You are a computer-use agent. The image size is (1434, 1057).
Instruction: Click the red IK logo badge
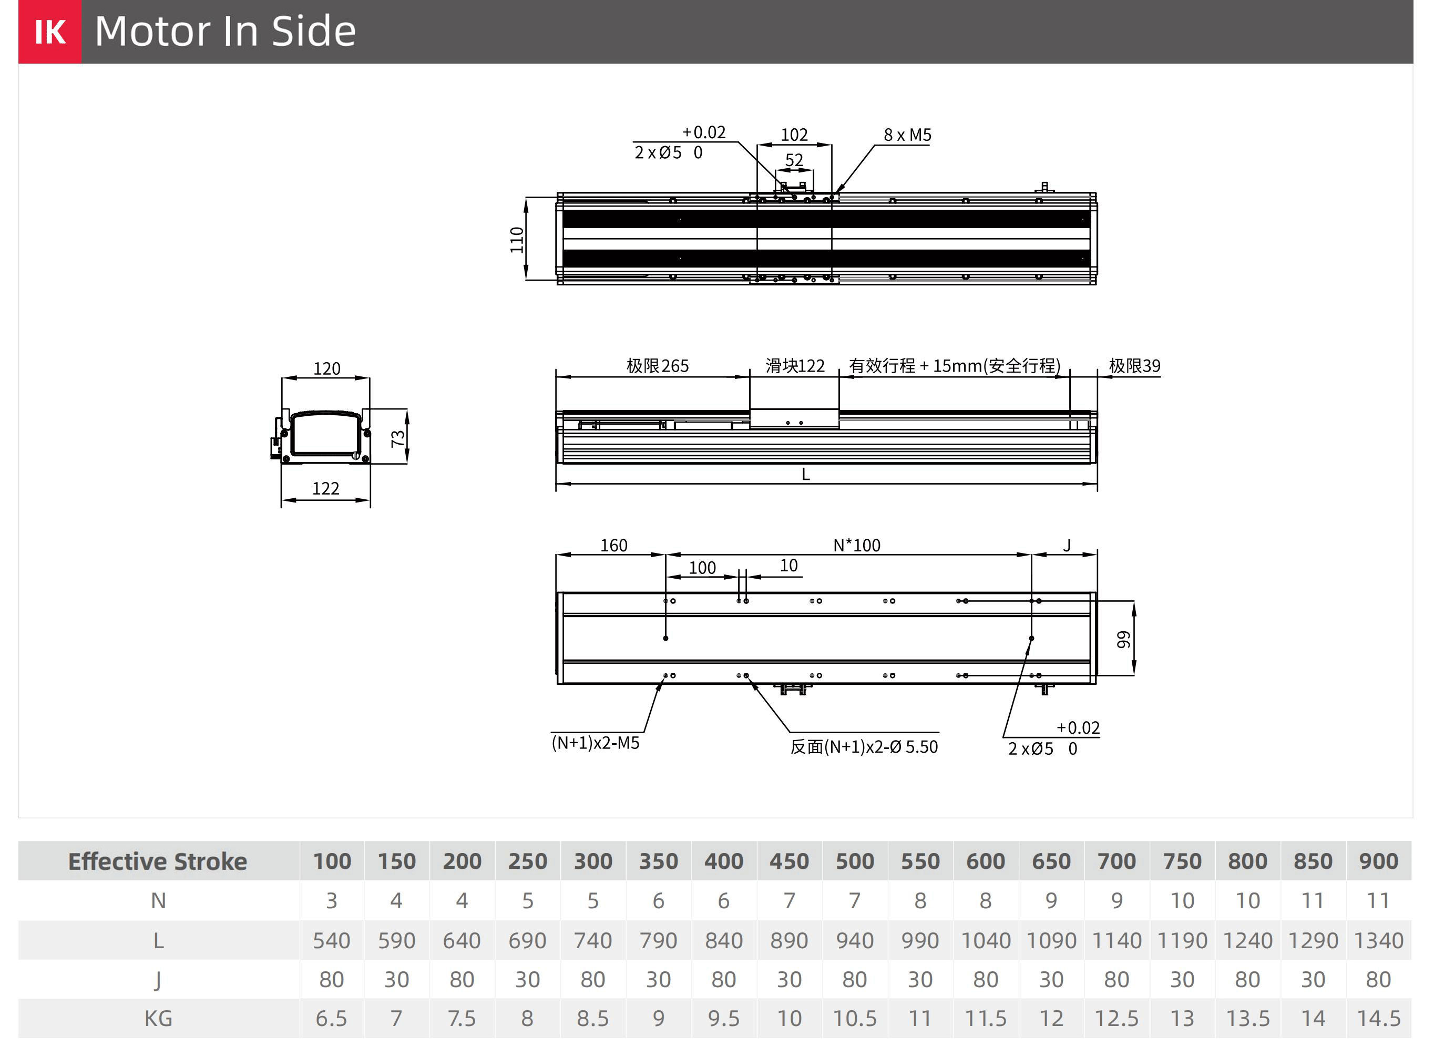pos(49,32)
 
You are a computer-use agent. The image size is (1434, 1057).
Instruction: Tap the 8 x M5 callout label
pos(907,135)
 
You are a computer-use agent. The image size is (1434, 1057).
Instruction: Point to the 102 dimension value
pos(794,135)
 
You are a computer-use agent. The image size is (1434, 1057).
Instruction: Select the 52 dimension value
pos(794,160)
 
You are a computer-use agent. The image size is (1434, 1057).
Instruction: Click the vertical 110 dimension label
pos(517,240)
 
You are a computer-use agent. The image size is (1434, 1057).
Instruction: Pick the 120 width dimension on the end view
pos(326,368)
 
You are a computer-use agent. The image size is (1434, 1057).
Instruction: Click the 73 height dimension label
pos(398,438)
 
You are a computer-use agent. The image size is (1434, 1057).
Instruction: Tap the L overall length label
pos(806,474)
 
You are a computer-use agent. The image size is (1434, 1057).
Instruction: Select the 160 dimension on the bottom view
pos(613,545)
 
